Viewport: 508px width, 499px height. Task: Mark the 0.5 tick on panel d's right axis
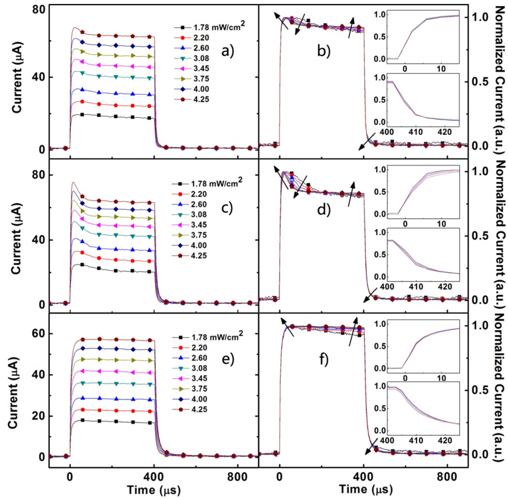pyautogui.click(x=477, y=235)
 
